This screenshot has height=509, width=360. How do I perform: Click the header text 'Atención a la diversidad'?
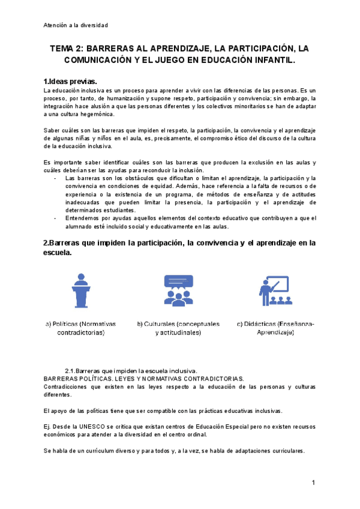pyautogui.click(x=76, y=25)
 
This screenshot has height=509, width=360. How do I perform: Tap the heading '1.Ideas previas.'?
pyautogui.click(x=70, y=82)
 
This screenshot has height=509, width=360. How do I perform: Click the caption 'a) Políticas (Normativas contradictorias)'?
pyautogui.click(x=80, y=328)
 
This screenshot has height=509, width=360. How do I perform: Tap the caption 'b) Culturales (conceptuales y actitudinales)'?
pyautogui.click(x=178, y=328)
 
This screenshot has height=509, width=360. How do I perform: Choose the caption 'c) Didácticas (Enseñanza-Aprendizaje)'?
pyautogui.click(x=275, y=328)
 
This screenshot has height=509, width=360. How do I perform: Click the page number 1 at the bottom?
pyautogui.click(x=313, y=483)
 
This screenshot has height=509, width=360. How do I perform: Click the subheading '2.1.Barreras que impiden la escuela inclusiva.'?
pyautogui.click(x=131, y=370)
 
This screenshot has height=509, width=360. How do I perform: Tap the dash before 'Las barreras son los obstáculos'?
pyautogui.click(x=55, y=178)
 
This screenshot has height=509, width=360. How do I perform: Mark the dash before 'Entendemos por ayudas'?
pyautogui.click(x=55, y=218)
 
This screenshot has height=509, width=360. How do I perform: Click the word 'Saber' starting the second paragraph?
pyautogui.click(x=53, y=130)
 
